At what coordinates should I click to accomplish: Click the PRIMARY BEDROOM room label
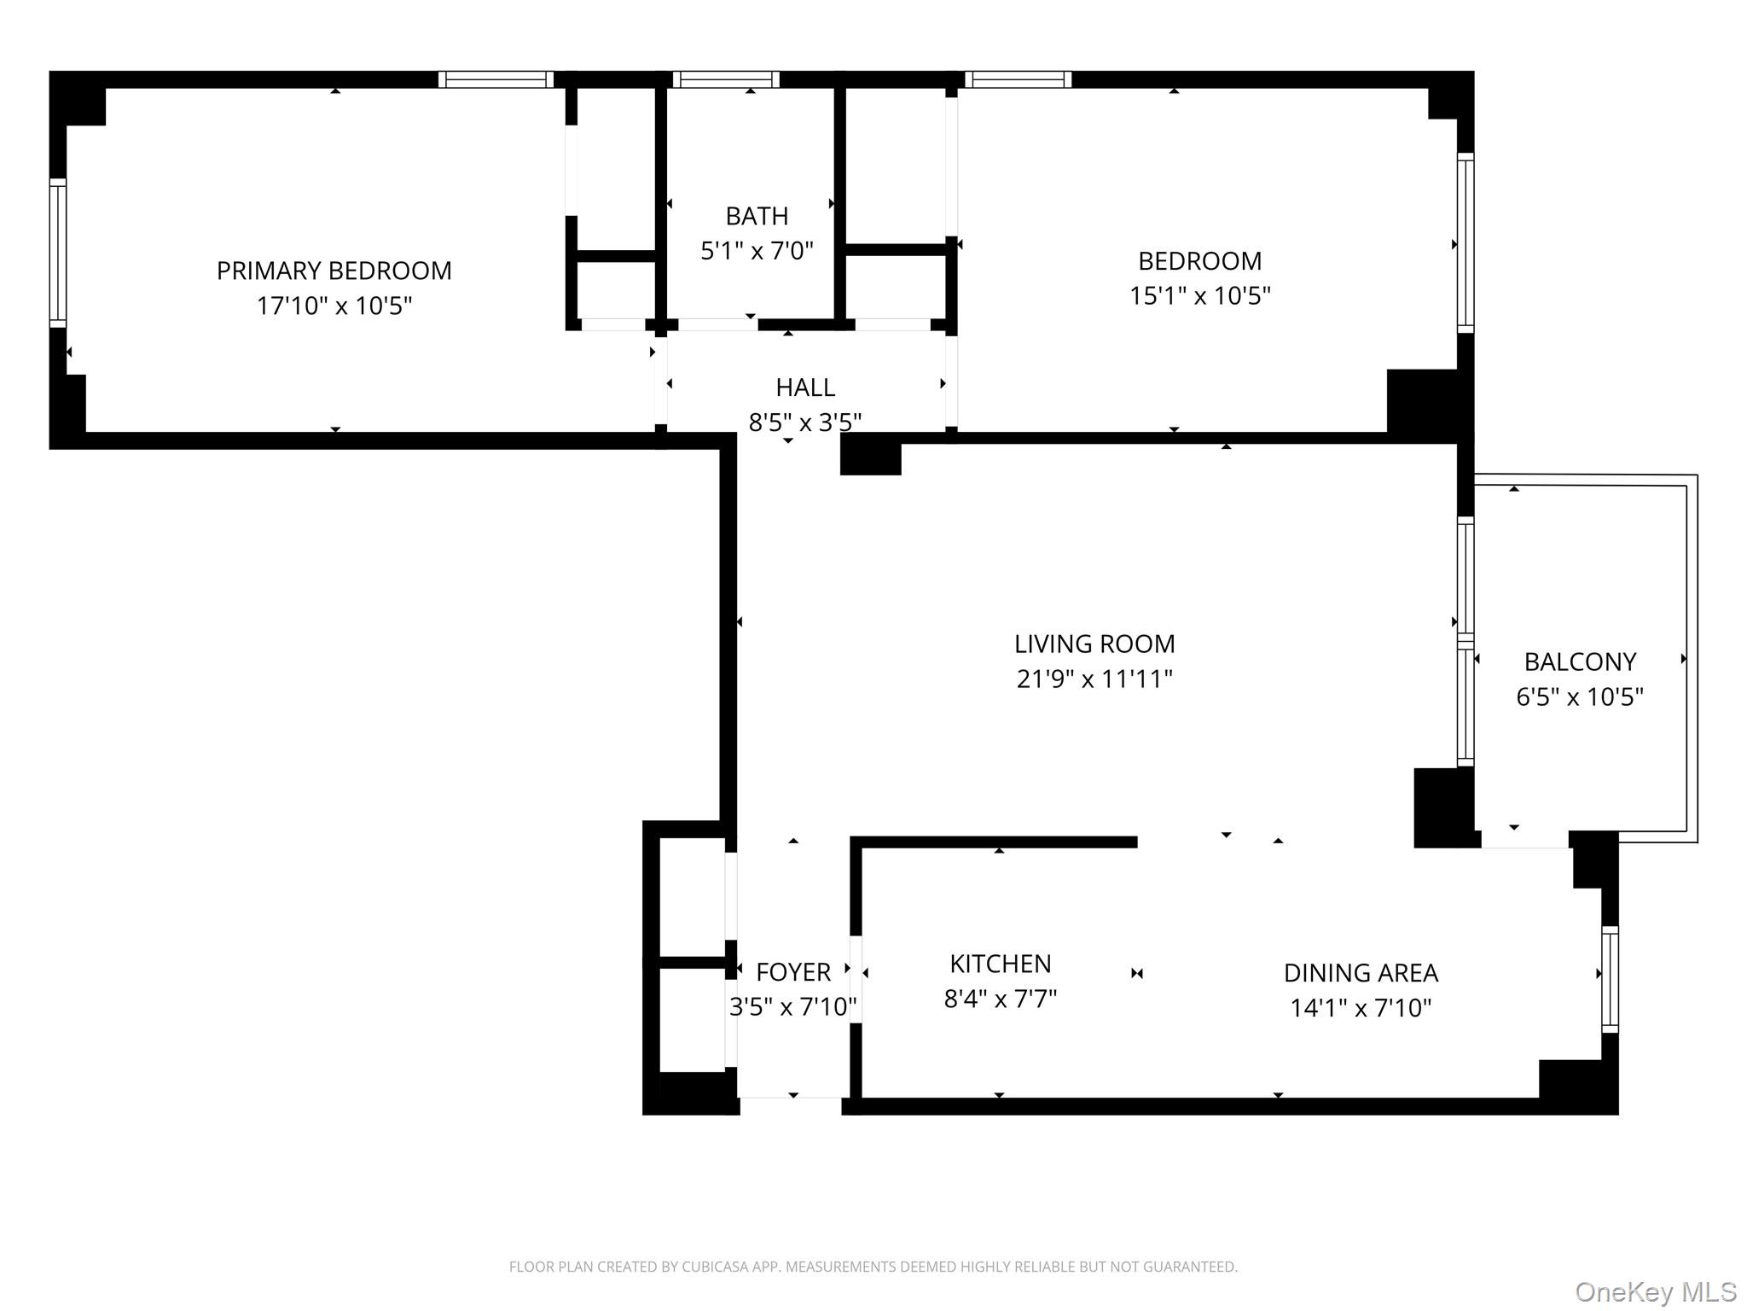(x=334, y=271)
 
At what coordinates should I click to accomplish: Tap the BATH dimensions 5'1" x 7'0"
(x=757, y=251)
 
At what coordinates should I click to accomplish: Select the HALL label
(x=805, y=387)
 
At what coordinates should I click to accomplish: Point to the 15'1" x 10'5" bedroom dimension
(x=1200, y=295)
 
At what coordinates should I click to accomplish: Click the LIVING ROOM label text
(x=1094, y=644)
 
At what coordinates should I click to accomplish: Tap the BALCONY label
(x=1580, y=661)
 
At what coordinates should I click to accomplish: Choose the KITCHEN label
(x=1001, y=964)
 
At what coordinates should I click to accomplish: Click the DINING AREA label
(x=1361, y=973)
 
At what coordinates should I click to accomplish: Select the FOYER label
(x=793, y=972)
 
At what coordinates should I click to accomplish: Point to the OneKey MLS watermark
(x=1656, y=1291)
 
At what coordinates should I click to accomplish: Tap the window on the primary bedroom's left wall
(x=58, y=253)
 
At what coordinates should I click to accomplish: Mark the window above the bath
(x=726, y=79)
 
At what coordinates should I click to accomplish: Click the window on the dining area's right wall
(x=1610, y=979)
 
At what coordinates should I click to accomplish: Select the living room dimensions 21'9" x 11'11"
(x=1094, y=679)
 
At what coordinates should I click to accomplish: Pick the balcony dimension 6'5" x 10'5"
(x=1580, y=696)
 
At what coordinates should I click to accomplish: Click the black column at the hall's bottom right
(x=871, y=455)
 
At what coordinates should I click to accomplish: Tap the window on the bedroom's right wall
(x=1466, y=243)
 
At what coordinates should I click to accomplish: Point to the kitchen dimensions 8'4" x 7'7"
(x=1001, y=999)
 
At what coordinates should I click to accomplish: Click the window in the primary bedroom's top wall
(x=496, y=79)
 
